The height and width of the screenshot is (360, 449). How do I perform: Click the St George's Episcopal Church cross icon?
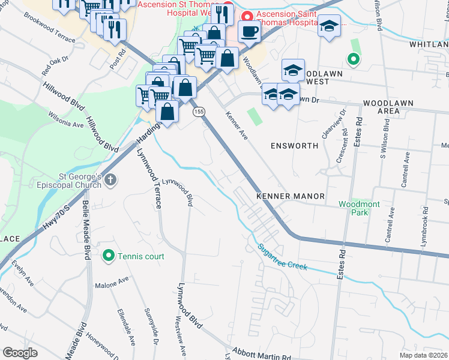coord(110,180)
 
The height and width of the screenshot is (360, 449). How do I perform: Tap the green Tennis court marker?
coord(109,256)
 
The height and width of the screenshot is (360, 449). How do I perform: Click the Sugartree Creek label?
coord(283,257)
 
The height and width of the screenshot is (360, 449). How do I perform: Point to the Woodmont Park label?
coord(359,208)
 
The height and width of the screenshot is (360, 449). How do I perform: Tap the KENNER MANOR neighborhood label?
coord(290,196)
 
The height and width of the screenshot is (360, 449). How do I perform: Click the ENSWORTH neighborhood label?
coord(292,146)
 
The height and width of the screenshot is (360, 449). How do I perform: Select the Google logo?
coord(20,353)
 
